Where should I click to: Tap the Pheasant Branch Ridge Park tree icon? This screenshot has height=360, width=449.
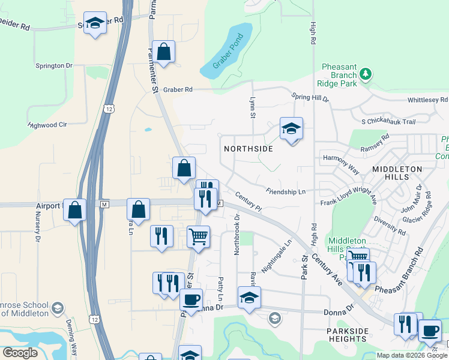(x=365, y=75)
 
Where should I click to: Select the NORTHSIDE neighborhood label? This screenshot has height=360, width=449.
(x=249, y=148)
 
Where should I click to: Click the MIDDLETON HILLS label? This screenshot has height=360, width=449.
(x=397, y=170)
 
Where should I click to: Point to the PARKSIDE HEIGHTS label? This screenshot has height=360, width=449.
(x=346, y=335)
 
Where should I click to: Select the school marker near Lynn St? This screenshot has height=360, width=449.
(x=291, y=128)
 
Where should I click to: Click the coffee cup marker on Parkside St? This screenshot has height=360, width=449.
(x=191, y=299)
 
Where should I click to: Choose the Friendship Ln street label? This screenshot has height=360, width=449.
(x=286, y=191)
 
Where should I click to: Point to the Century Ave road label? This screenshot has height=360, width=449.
(x=330, y=265)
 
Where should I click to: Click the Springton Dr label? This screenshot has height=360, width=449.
(x=53, y=65)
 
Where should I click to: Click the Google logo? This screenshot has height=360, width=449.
(x=20, y=353)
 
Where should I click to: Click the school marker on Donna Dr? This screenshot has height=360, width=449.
(x=249, y=297)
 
